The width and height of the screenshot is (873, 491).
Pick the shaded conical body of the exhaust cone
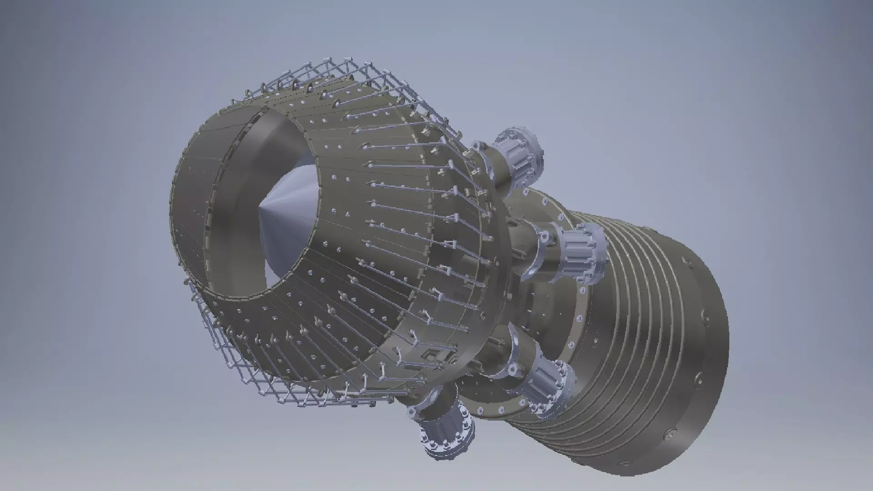291,218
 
